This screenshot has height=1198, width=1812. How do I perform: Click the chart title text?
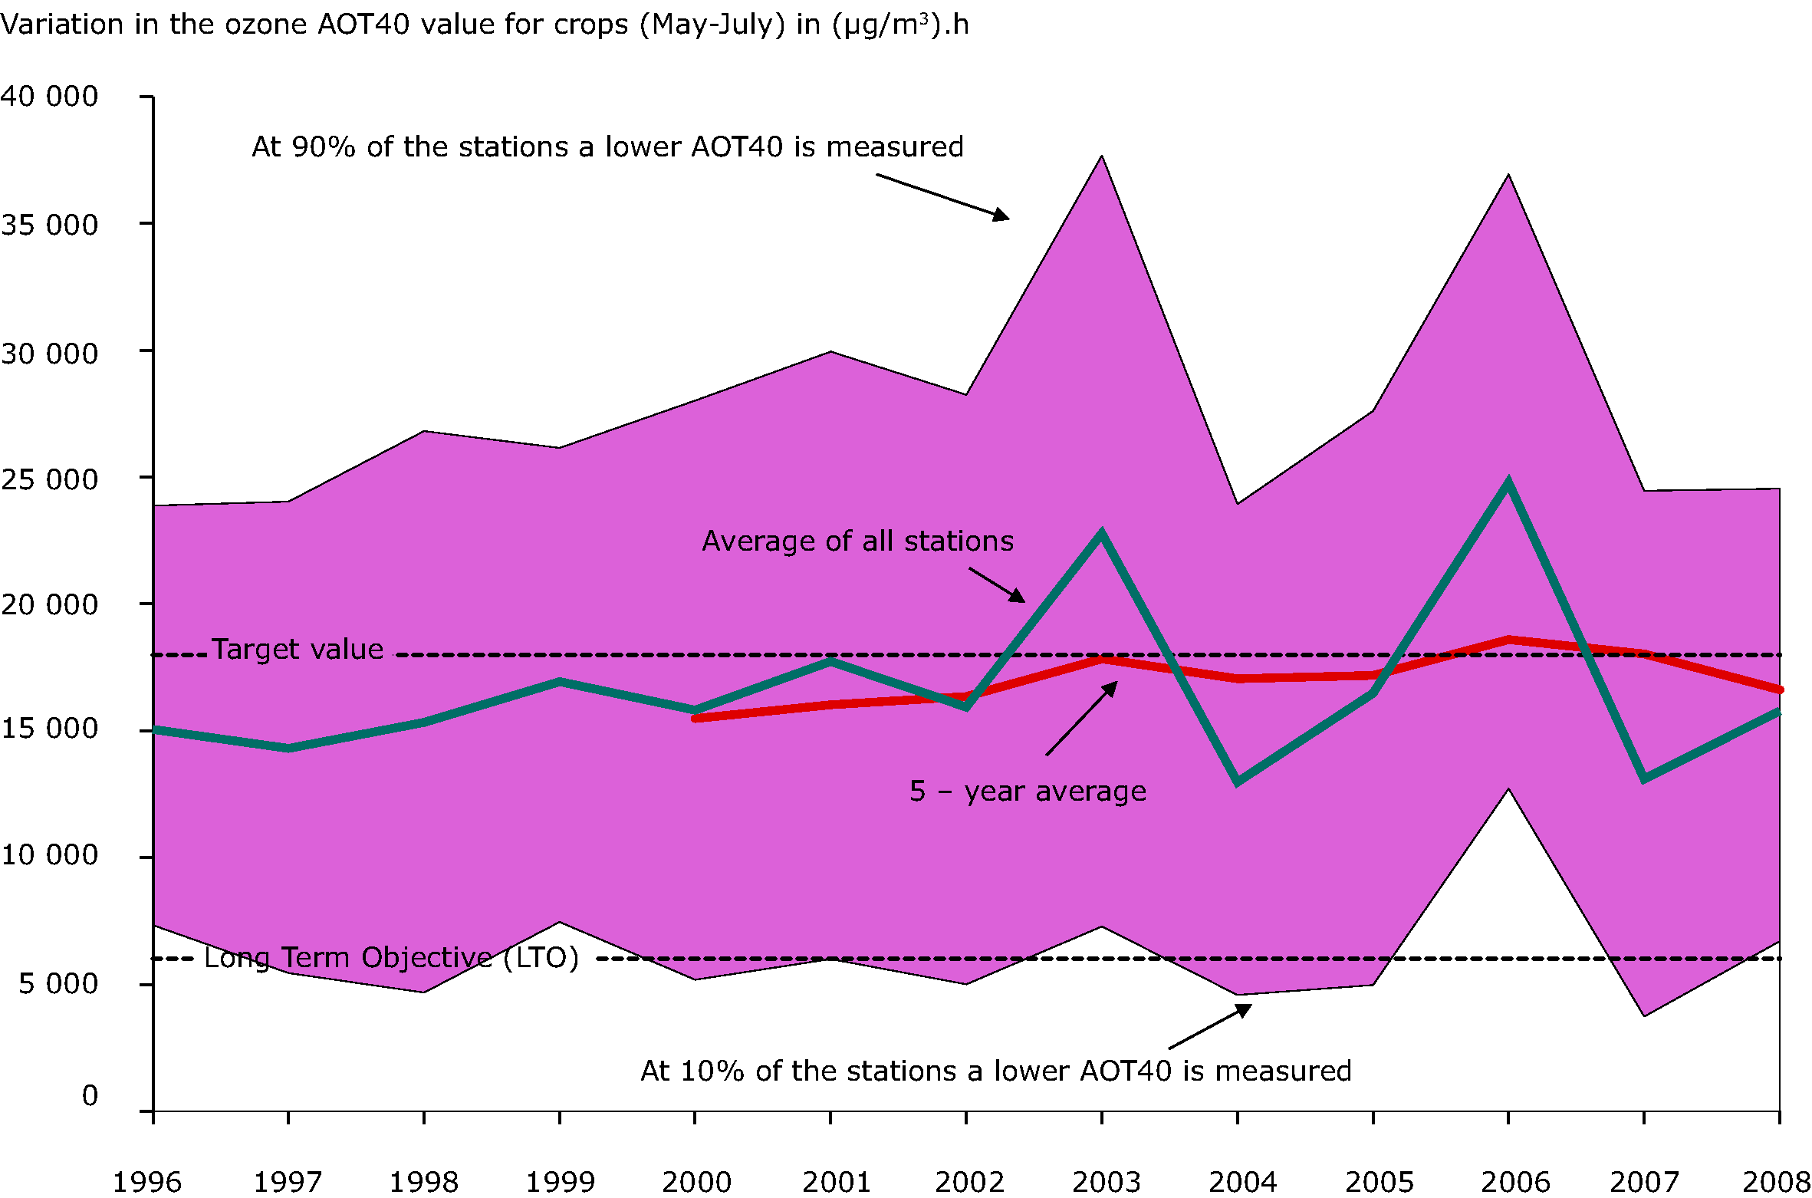[485, 25]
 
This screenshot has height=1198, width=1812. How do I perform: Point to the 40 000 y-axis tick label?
[50, 97]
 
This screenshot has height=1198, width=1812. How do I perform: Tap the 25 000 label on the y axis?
[50, 480]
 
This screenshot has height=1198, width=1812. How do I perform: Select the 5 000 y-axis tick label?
[58, 983]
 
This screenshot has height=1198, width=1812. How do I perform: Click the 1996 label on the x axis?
[147, 1182]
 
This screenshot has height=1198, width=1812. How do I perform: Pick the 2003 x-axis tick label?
[1107, 1182]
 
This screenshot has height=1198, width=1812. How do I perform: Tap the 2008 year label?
[1776, 1182]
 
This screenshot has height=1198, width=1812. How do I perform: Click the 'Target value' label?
[298, 650]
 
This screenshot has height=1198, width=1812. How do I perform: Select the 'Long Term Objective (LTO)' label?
[391, 958]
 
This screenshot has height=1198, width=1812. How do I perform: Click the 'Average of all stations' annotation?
[857, 541]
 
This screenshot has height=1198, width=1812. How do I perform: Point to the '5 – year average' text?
[1028, 792]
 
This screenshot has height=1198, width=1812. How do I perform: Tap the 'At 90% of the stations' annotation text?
[607, 146]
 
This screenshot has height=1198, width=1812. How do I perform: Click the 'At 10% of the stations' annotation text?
[995, 1071]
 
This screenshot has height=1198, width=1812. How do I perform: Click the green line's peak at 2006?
[1508, 484]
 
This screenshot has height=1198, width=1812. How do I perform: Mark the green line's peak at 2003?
[1102, 533]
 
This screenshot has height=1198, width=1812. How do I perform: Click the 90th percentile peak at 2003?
[1102, 156]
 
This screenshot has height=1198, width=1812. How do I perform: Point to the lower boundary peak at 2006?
[1508, 789]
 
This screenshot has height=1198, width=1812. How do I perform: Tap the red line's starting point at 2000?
[696, 718]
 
